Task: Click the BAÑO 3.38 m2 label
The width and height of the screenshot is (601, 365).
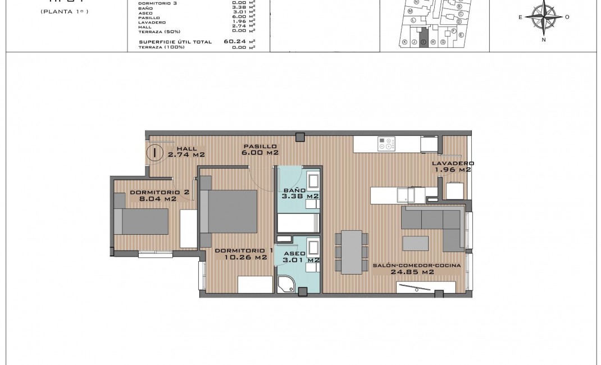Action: pyautogui.click(x=300, y=193)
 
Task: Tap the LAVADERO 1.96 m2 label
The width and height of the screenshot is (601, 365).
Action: pyautogui.click(x=451, y=166)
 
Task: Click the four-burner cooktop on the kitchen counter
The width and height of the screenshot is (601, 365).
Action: pyautogui.click(x=385, y=144)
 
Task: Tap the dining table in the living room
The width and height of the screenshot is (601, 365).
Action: pyautogui.click(x=352, y=252)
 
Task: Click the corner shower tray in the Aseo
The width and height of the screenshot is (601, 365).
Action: pyautogui.click(x=286, y=284)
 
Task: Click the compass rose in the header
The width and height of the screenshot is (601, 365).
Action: pyautogui.click(x=543, y=16)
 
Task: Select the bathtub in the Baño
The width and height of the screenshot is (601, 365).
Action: pyautogui.click(x=298, y=223)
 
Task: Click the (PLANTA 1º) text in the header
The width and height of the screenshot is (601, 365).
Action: pyautogui.click(x=65, y=11)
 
